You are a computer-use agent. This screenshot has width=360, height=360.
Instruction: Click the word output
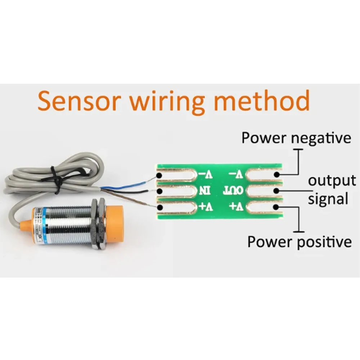pos(332,181)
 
